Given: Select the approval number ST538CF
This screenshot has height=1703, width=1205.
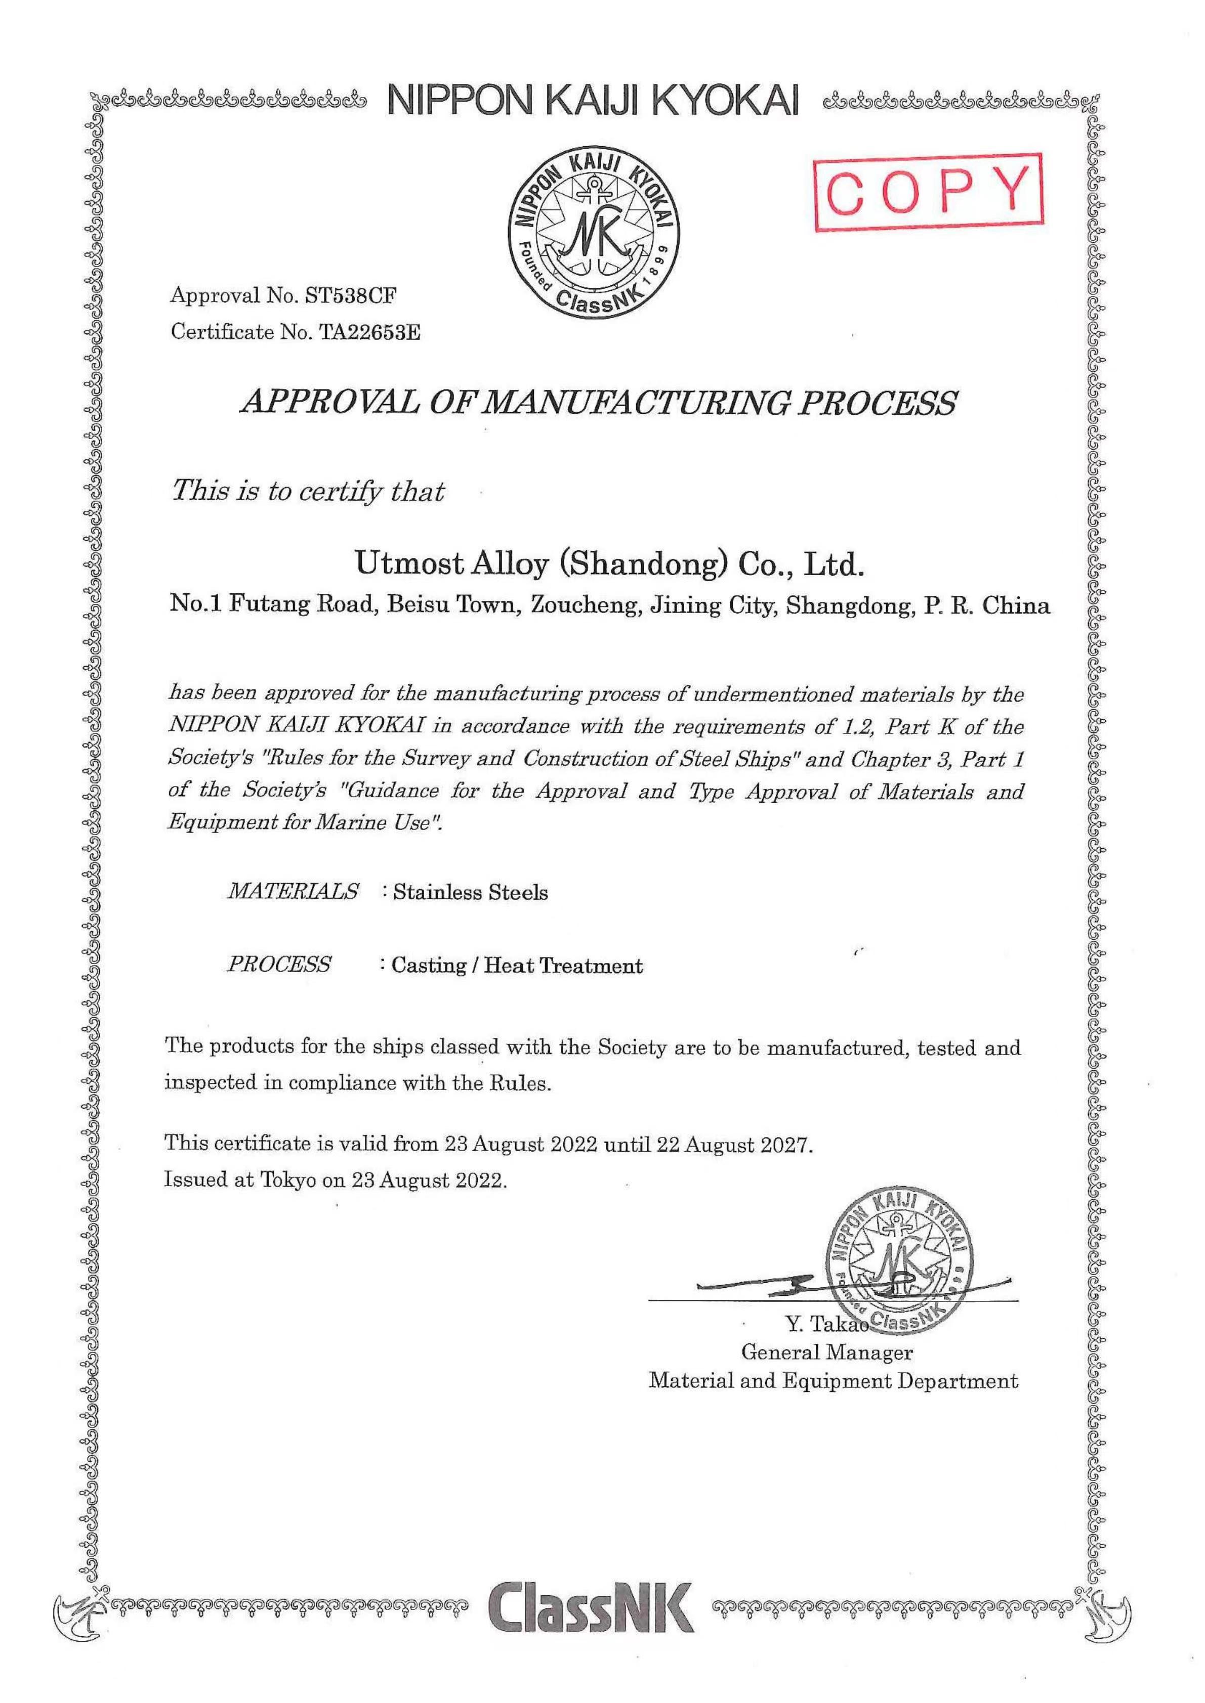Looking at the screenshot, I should pos(350,296).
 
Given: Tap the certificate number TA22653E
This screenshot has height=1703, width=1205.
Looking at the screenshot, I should pos(369,332).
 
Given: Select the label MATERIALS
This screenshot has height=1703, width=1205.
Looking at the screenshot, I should pos(293,890).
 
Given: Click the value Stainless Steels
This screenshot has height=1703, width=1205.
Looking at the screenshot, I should pos(471,892).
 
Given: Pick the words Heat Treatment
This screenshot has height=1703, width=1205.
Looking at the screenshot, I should pos(563,966).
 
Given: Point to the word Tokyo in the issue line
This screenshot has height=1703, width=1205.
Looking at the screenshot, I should pos(286,1180).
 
